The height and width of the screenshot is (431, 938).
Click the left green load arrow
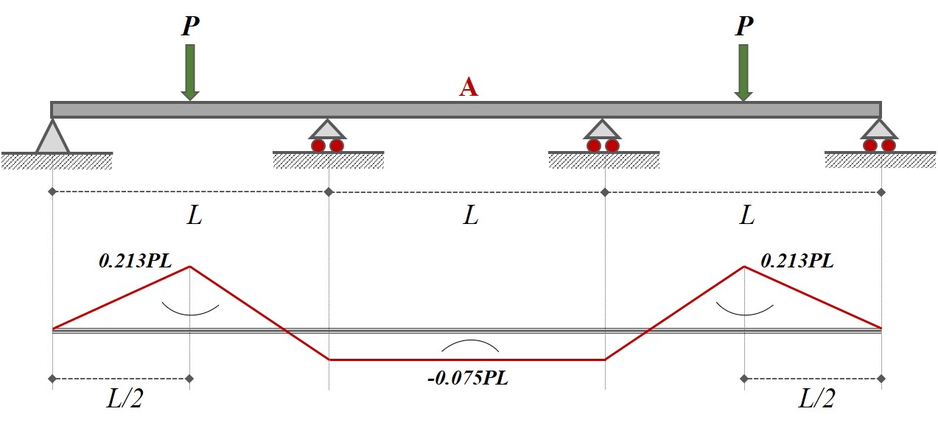[190, 71]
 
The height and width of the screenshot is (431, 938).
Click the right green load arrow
[743, 71]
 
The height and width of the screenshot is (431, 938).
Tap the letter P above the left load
[190, 27]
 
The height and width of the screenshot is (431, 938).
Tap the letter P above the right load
[744, 27]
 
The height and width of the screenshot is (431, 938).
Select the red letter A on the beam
[469, 88]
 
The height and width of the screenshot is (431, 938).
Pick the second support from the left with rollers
[328, 136]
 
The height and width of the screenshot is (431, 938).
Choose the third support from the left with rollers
[603, 136]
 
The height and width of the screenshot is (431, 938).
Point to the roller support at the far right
[880, 136]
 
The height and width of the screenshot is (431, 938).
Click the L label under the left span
[194, 216]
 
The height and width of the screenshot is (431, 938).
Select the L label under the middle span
[470, 216]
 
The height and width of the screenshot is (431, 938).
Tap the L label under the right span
[747, 216]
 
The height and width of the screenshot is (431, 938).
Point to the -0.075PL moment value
[468, 379]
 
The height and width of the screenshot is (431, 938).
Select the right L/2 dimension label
[817, 400]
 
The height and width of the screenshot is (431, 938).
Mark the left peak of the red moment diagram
[190, 267]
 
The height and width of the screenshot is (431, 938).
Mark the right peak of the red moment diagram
[744, 267]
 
